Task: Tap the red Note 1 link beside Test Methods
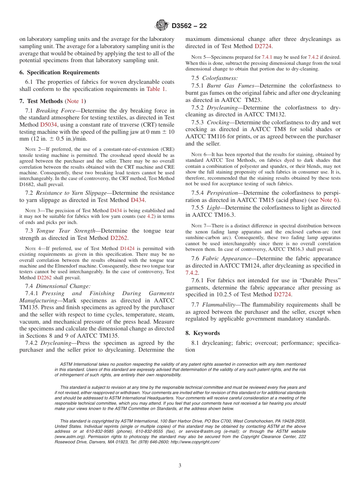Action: (x=76, y=101)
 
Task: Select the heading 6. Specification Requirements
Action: (x=59, y=72)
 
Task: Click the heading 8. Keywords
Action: (x=202, y=333)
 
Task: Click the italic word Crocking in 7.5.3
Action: (x=218, y=122)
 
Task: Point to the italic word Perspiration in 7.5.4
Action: (x=225, y=193)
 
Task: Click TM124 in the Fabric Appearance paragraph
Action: (x=265, y=266)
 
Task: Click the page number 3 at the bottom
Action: (x=180, y=466)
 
